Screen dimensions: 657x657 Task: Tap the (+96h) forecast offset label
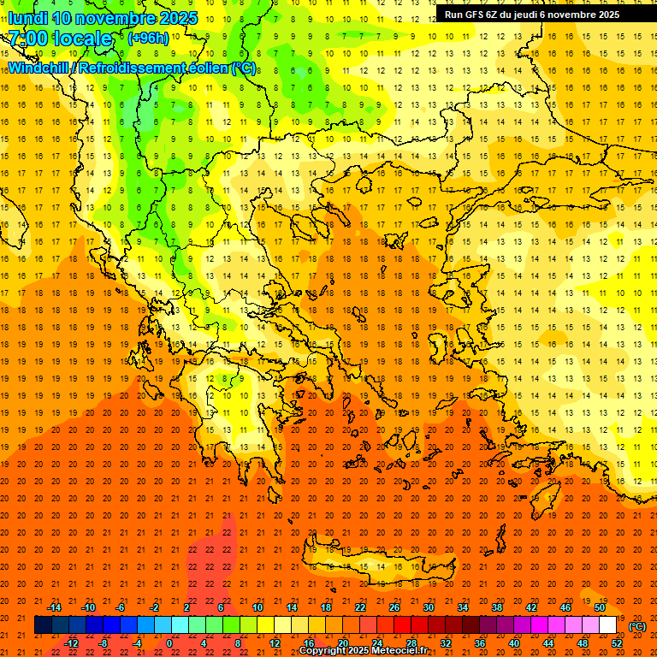click(x=148, y=38)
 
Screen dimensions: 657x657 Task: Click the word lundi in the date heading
click(x=28, y=18)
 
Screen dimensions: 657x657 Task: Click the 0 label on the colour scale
click(x=169, y=642)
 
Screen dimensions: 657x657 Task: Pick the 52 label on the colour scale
click(x=617, y=642)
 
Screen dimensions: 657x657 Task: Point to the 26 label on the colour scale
click(x=394, y=607)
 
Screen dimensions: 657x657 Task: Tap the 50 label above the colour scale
click(x=600, y=607)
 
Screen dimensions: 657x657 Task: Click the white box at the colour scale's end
click(x=608, y=625)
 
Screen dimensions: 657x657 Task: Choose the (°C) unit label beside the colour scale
click(x=637, y=625)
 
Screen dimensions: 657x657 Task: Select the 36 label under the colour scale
click(x=480, y=642)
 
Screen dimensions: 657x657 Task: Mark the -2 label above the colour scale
click(x=155, y=607)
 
